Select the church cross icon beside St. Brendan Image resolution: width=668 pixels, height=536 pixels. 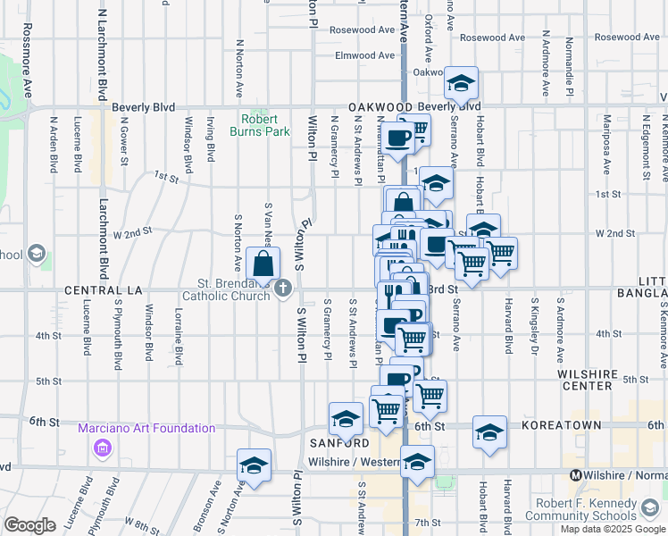pos(284,287)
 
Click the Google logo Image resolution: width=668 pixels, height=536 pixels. pos(29,525)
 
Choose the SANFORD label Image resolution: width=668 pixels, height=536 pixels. pos(339,443)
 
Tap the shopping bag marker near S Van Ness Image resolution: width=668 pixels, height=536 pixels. pos(264,264)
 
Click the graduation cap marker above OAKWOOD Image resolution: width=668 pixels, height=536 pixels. pos(461,84)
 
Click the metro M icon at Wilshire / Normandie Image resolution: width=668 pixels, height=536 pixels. pos(576,475)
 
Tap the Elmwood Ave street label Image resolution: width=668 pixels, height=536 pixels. pos(364,55)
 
